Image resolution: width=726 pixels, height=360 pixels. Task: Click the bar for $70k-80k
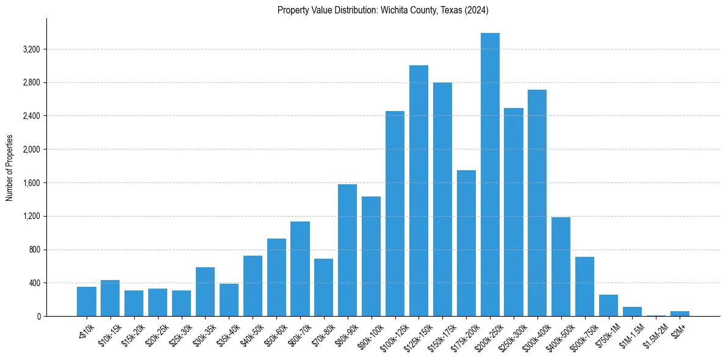tap(323, 287)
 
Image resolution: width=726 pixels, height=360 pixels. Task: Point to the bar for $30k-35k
tap(205, 292)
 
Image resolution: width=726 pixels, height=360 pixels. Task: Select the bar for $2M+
tap(680, 314)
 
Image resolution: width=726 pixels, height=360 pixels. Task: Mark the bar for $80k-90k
tap(347, 250)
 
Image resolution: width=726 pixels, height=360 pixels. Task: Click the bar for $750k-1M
tap(608, 305)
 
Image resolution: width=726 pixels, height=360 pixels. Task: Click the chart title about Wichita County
tap(383, 10)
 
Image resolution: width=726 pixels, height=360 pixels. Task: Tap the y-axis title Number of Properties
tap(10, 168)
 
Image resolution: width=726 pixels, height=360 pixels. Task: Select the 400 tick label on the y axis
tap(34, 283)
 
